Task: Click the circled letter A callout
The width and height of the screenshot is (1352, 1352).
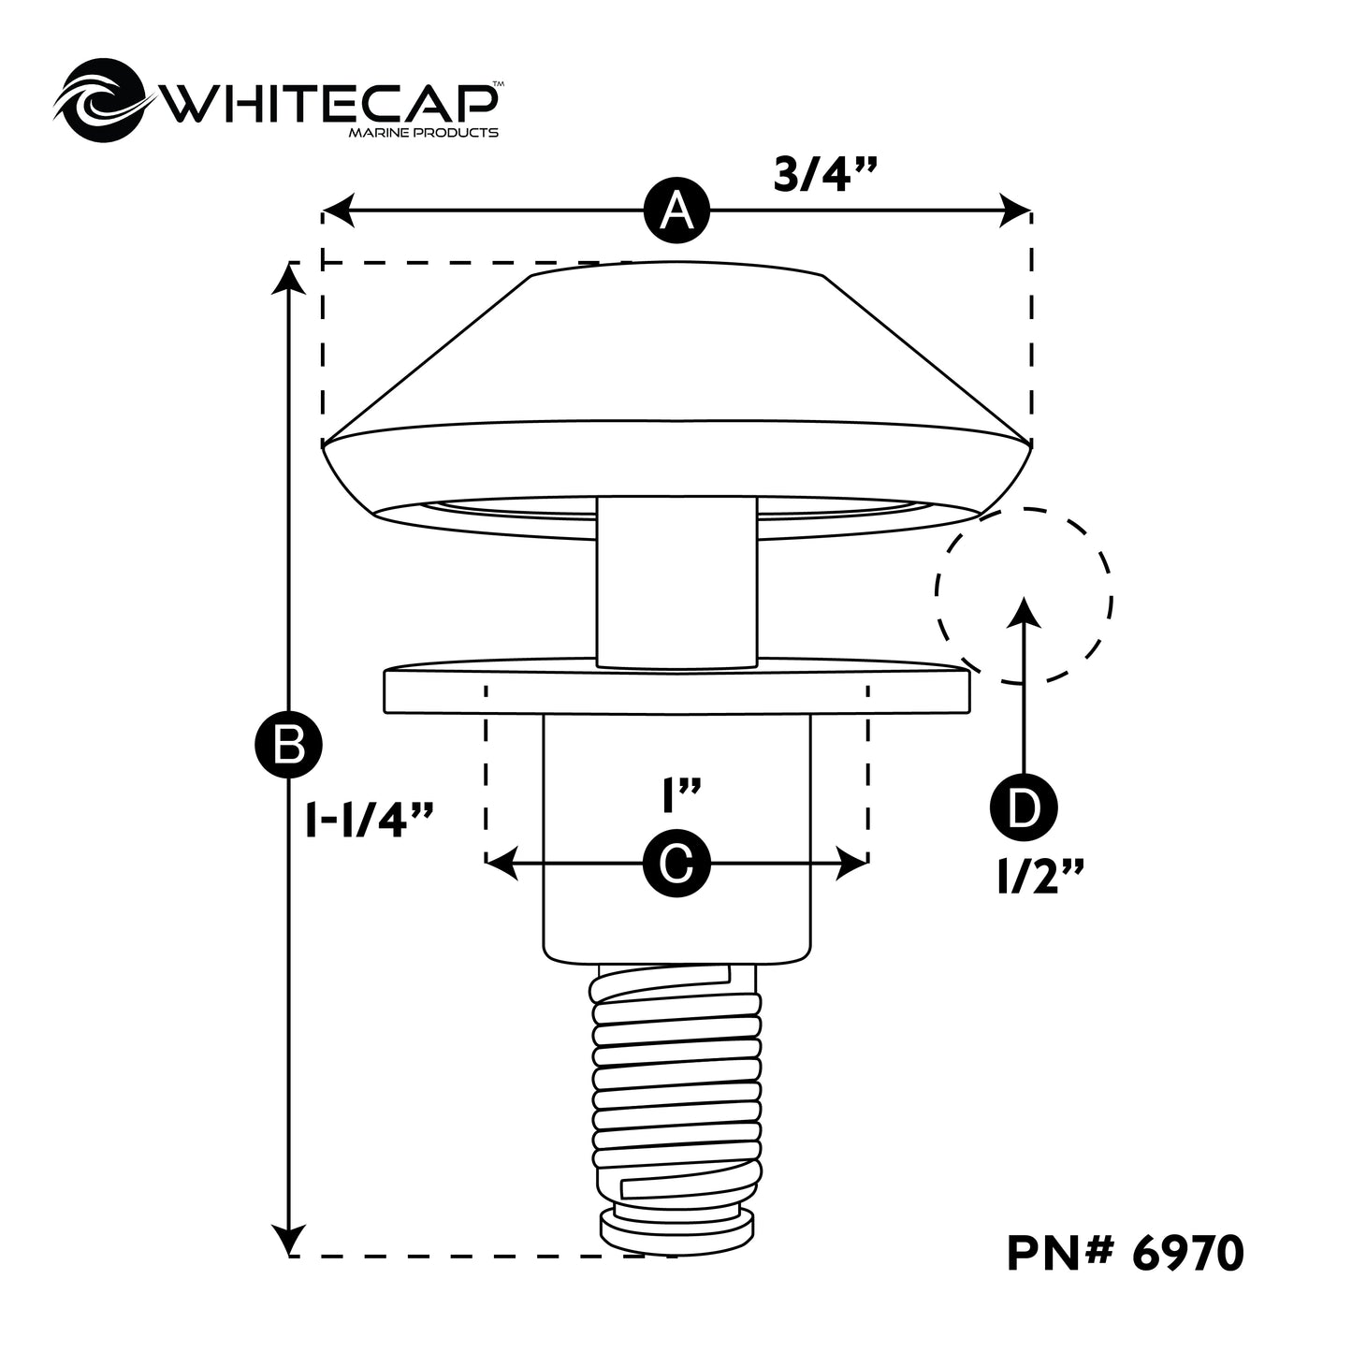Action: [x=676, y=211]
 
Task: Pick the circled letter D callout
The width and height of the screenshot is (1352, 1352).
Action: [x=1023, y=807]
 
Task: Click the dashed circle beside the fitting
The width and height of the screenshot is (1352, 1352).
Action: [x=1024, y=595]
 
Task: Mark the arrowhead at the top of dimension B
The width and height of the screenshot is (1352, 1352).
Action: [x=291, y=277]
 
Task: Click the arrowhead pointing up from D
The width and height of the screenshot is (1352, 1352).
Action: [x=1025, y=610]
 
